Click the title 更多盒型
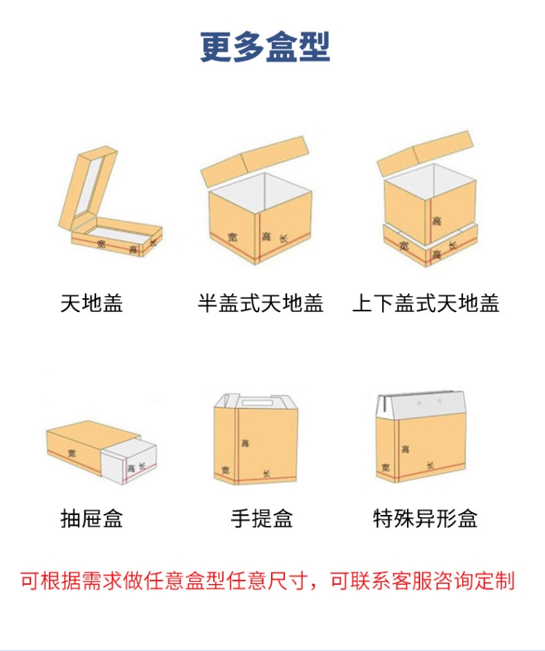pyautogui.click(x=265, y=47)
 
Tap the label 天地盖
pyautogui.click(x=92, y=303)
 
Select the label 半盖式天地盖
pyautogui.click(x=260, y=303)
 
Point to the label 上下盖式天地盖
pyautogui.click(x=426, y=303)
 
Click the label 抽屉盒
pyautogui.click(x=92, y=519)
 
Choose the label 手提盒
pyautogui.click(x=262, y=519)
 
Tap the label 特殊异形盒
pyautogui.click(x=425, y=519)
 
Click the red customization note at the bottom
pyautogui.click(x=268, y=580)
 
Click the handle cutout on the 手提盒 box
pyautogui.click(x=257, y=402)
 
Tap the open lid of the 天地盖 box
pyautogui.click(x=88, y=188)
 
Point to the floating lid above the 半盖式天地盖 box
pyautogui.click(x=256, y=161)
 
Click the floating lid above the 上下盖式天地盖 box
pyautogui.click(x=425, y=153)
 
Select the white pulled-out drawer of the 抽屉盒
pyautogui.click(x=129, y=460)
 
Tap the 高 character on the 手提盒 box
pyautogui.click(x=245, y=444)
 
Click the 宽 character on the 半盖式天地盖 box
pyautogui.click(x=233, y=237)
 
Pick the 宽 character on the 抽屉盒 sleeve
pyautogui.click(x=72, y=453)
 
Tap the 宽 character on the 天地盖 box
pyautogui.click(x=102, y=243)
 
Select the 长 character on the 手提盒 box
pyautogui.click(x=267, y=473)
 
